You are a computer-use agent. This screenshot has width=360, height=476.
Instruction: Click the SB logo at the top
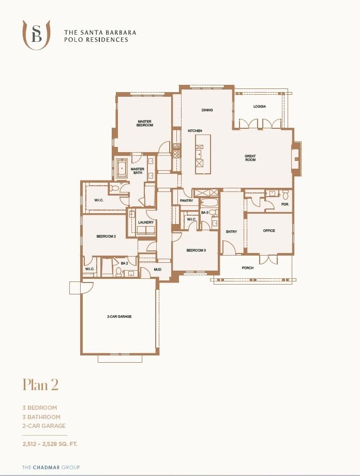(x=36, y=35)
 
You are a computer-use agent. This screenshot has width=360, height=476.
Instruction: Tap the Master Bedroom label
(x=145, y=123)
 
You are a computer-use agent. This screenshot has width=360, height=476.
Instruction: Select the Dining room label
(x=207, y=110)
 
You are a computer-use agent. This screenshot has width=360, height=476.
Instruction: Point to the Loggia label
(x=260, y=107)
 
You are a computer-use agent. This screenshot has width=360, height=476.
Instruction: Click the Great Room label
(x=250, y=158)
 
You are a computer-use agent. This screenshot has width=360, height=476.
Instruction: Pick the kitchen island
(x=199, y=154)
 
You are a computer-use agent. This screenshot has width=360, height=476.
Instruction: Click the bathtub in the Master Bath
(x=122, y=168)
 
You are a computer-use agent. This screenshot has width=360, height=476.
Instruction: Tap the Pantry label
(x=186, y=201)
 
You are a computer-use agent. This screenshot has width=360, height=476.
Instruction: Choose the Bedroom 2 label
(x=106, y=236)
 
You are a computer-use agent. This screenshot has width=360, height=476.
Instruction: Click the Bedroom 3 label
(x=196, y=250)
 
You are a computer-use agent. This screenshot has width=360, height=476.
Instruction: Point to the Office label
(x=269, y=231)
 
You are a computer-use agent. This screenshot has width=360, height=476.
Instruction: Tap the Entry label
(x=231, y=232)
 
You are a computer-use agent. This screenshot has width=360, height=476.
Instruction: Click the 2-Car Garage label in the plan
(x=119, y=316)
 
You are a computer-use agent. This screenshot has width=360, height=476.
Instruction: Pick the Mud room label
(x=158, y=270)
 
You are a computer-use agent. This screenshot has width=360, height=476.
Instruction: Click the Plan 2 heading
(x=40, y=385)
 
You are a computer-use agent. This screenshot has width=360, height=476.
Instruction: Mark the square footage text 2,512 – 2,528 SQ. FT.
(x=50, y=444)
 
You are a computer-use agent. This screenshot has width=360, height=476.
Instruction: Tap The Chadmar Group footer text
(x=51, y=467)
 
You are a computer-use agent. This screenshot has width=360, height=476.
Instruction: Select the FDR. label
(x=285, y=204)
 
